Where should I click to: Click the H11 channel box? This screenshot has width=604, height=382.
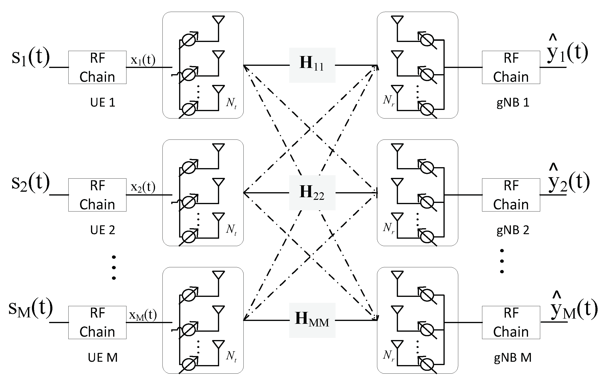click(312, 65)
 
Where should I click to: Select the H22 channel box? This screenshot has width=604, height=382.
click(312, 193)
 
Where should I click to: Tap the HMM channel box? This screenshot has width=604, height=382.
click(312, 320)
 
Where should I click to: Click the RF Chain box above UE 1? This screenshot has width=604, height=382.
click(97, 67)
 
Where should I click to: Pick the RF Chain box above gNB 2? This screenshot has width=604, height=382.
click(511, 195)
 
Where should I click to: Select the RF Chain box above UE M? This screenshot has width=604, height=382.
click(97, 322)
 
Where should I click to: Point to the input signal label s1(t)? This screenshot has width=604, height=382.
click(30, 57)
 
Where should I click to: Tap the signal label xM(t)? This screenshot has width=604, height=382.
click(143, 315)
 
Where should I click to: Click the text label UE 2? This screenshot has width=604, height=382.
click(103, 230)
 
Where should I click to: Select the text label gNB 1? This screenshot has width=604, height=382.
click(513, 103)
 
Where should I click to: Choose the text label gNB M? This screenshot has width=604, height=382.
click(513, 358)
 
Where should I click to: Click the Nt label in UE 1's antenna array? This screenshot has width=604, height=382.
click(231, 103)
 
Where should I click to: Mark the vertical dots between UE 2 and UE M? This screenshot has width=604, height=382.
click(114, 268)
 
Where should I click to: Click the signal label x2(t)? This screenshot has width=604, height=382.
click(143, 187)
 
